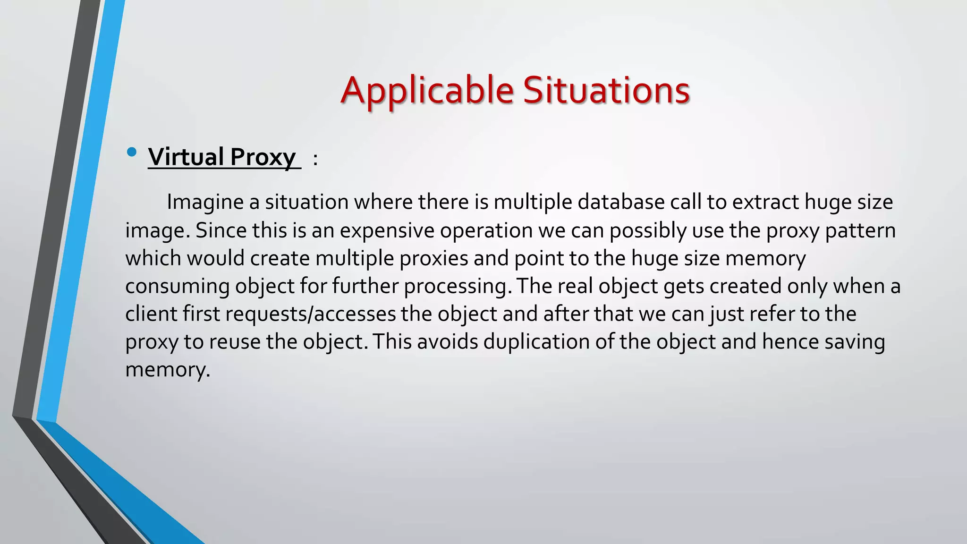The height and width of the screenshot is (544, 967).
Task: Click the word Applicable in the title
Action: pos(427,91)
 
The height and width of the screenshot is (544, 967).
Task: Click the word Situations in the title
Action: pos(606,91)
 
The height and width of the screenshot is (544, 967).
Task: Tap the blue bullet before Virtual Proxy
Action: pos(132,152)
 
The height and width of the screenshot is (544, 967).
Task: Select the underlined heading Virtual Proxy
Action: pos(222,157)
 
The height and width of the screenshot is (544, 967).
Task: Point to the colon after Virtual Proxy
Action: pos(315,160)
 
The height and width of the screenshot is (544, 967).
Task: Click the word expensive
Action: pos(387,230)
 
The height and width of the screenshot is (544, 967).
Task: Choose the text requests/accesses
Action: pos(310,314)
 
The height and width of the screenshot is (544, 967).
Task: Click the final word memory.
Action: pos(167,370)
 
